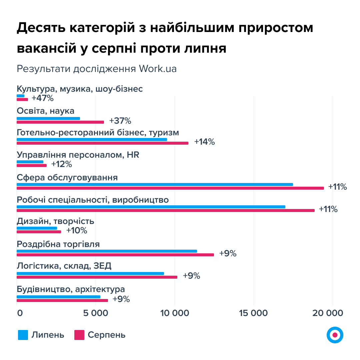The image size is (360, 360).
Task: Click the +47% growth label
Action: tap(42, 98)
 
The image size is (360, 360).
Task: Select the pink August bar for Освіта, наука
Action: tap(60, 122)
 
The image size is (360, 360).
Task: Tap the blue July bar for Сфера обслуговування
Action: tap(155, 184)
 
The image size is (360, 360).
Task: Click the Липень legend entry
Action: tap(41, 335)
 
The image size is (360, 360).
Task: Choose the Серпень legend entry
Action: tap(100, 335)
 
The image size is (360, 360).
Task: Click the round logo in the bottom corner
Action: tap(335, 334)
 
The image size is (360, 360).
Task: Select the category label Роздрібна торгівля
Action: tap(58, 244)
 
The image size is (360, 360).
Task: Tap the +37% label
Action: tap(120, 120)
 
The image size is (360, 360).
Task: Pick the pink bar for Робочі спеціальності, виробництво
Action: tap(165, 210)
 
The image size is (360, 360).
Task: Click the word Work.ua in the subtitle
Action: tap(158, 69)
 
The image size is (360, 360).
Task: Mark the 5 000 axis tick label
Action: tap(96, 313)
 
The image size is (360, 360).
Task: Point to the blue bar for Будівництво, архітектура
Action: tap(58, 297)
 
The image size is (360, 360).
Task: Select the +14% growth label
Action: tap(204, 142)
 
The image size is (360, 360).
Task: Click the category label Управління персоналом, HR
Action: tap(78, 155)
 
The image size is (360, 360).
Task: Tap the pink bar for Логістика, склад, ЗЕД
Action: tap(97, 277)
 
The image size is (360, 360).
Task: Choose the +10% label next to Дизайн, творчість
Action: tap(76, 230)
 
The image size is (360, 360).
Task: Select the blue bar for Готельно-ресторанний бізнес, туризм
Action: tap(92, 140)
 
